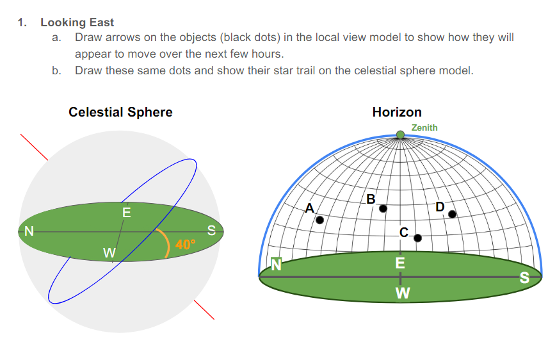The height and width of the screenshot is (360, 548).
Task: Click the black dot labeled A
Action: click(319, 220)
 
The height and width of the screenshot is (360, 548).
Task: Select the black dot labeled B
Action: click(383, 209)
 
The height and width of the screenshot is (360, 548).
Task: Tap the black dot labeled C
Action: click(417, 238)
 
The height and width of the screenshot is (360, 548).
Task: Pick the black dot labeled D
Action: click(452, 214)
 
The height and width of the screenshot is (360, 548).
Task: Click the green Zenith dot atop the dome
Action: click(401, 135)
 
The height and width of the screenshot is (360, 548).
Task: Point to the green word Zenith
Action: click(424, 127)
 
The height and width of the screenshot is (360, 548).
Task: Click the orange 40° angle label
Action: click(185, 244)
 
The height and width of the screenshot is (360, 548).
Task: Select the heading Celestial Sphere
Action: click(120, 112)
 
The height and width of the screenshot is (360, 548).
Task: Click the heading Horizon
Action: click(397, 112)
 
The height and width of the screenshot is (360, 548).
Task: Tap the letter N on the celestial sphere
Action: click(29, 231)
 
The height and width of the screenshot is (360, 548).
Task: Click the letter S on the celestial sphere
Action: click(211, 230)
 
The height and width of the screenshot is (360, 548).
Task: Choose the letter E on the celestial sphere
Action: click(127, 213)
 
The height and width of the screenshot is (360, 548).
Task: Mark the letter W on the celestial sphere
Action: click(109, 252)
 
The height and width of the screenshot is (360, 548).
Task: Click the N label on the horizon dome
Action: click(276, 265)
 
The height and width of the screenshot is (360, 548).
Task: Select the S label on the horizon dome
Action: click(524, 278)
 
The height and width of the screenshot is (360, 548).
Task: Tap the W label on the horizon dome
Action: click(403, 293)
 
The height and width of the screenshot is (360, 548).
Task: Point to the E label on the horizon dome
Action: click(400, 263)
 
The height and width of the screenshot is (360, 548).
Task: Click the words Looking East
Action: click(77, 22)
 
